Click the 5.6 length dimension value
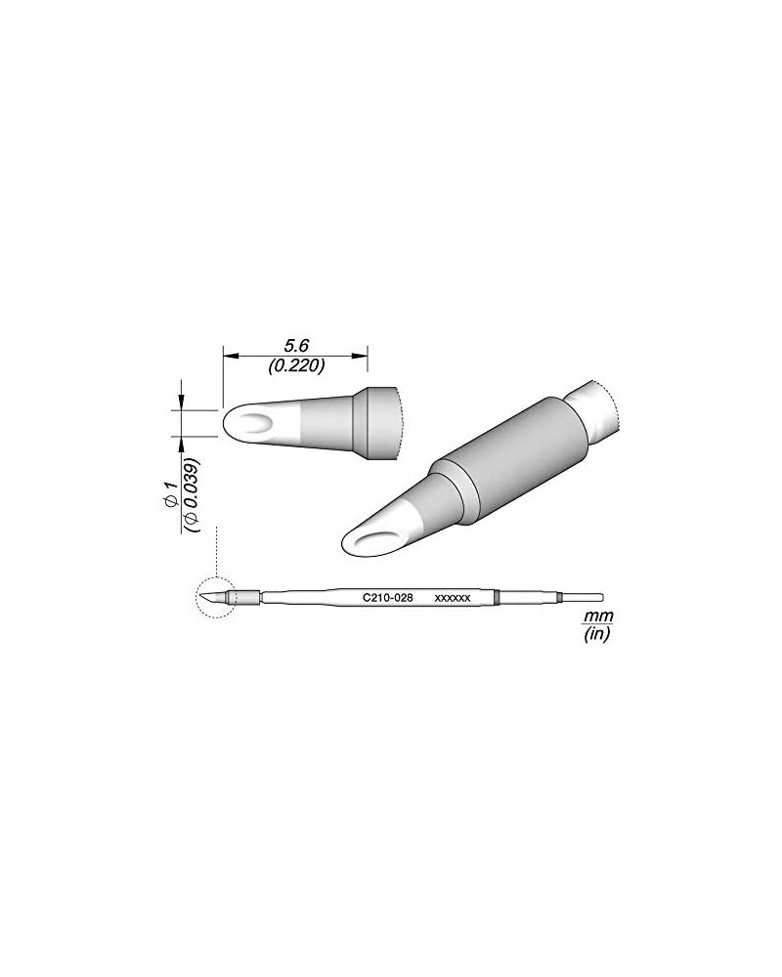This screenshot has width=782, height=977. [295, 346]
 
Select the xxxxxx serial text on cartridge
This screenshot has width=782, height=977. [453, 595]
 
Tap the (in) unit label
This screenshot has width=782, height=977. [594, 634]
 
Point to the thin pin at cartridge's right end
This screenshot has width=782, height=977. [584, 596]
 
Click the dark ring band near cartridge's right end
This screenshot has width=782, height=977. [497, 596]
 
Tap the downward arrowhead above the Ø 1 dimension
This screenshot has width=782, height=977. [183, 404]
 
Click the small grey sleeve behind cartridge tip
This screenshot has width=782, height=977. [248, 597]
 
